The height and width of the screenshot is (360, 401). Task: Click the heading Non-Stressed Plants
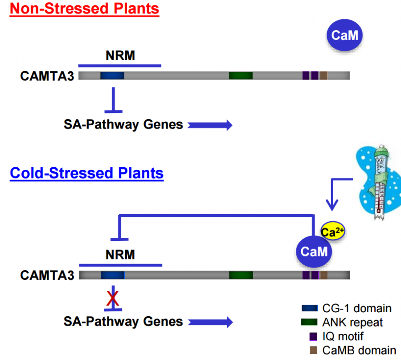pos(84,8)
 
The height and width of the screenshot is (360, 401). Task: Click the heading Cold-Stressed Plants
pos(86,173)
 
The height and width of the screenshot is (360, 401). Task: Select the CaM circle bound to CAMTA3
pos(314,252)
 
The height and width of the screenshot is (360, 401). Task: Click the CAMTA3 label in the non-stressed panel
pos(47,76)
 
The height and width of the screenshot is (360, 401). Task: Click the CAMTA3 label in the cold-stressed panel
pos(47,275)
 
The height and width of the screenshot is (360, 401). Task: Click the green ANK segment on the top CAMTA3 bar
pos(241,75)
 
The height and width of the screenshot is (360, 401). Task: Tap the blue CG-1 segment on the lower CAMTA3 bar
pos(112,275)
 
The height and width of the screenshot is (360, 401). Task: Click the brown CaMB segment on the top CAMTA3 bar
pos(323,75)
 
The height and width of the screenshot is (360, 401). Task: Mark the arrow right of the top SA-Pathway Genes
pos(210,125)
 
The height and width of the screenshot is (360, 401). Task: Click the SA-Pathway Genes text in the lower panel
pos(123,321)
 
